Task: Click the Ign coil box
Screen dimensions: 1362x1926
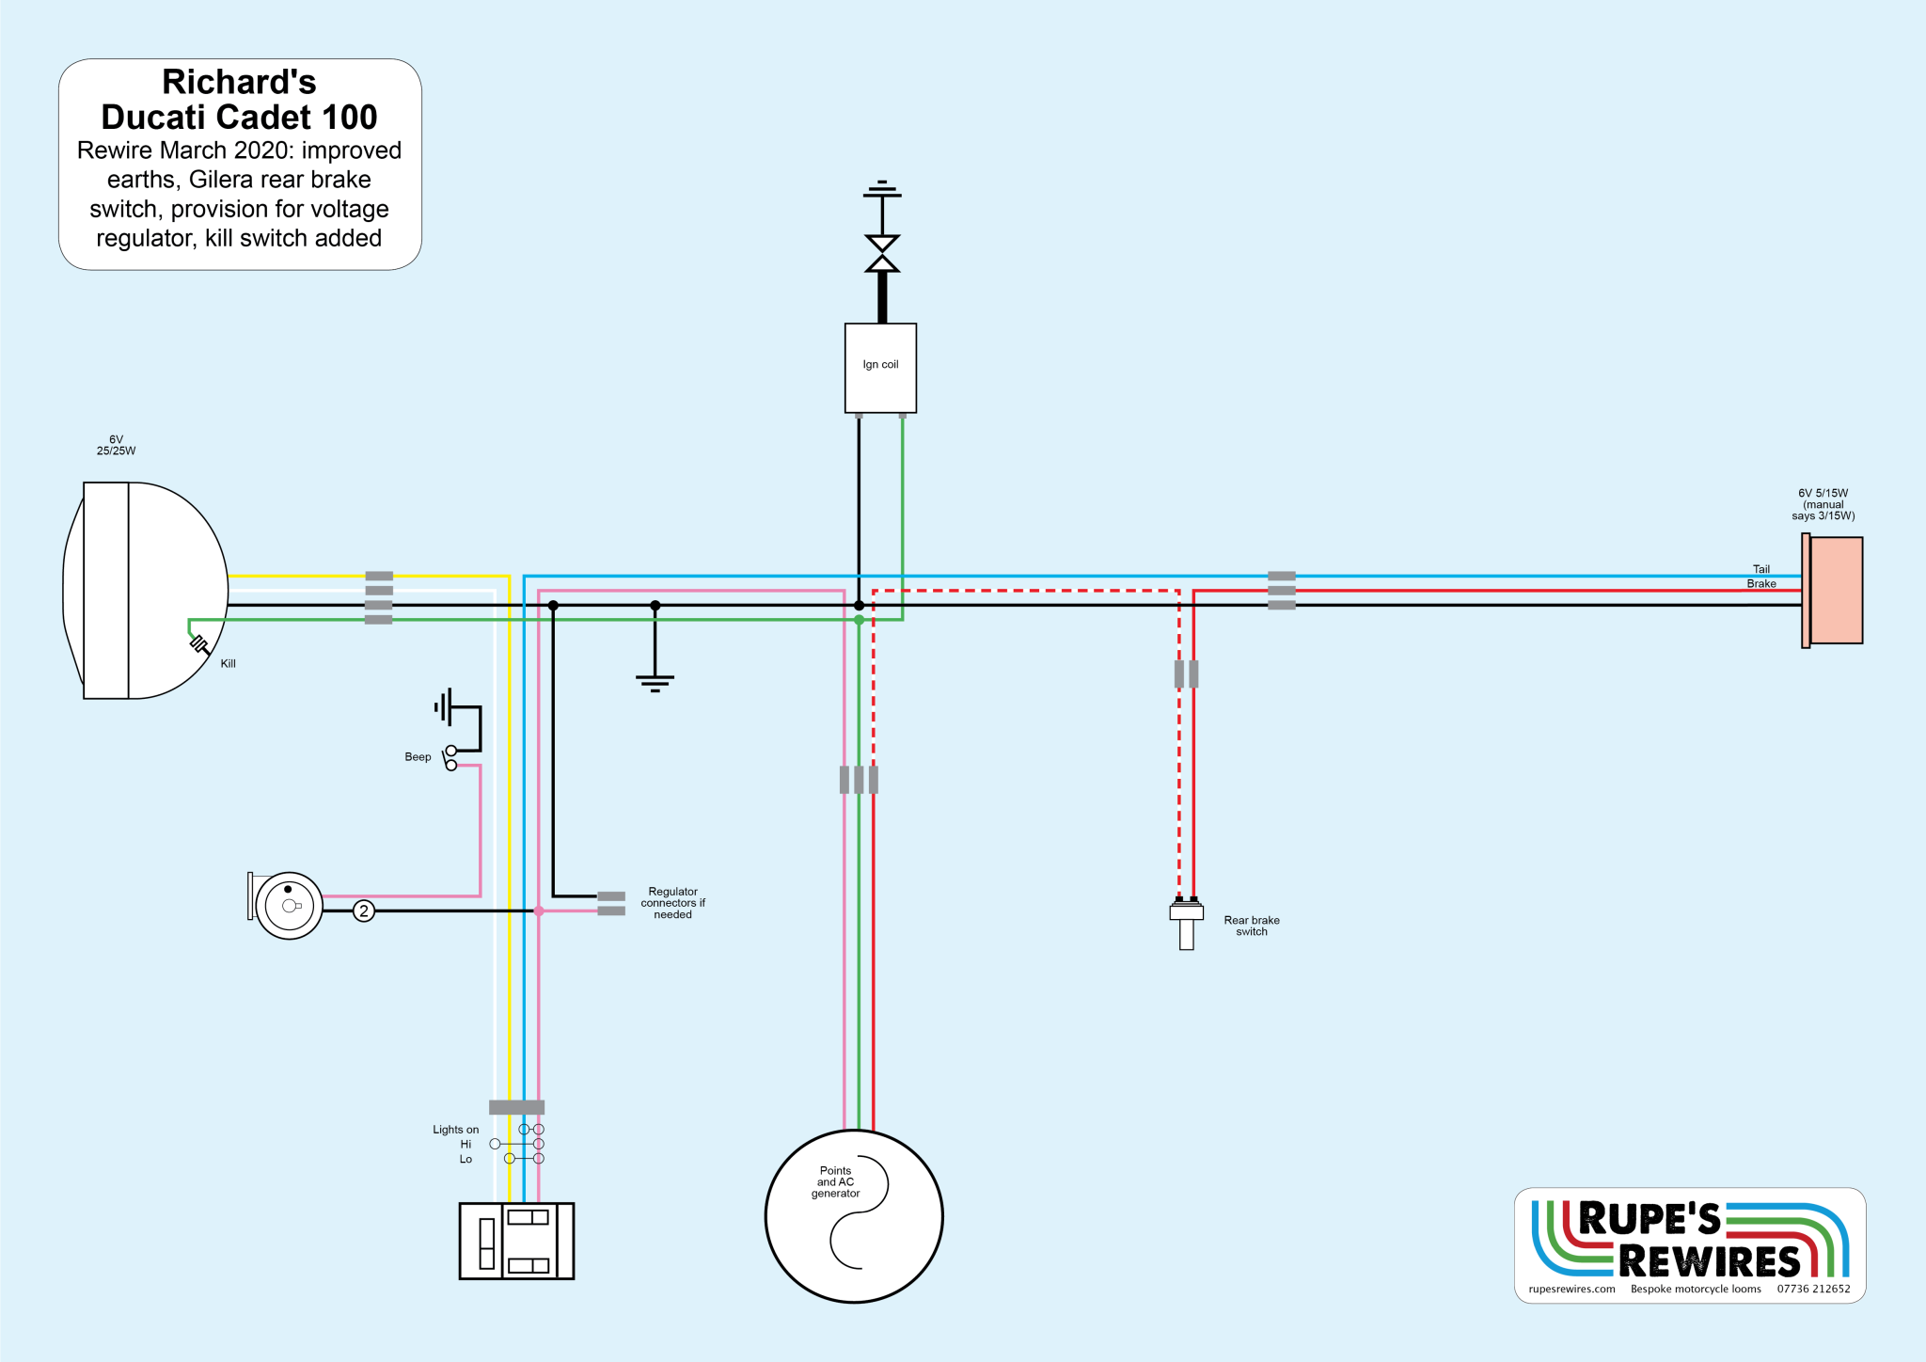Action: tap(880, 368)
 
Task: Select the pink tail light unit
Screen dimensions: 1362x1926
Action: tap(1834, 590)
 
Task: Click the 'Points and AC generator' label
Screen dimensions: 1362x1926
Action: tap(835, 1182)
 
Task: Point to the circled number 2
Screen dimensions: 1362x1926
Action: tap(364, 911)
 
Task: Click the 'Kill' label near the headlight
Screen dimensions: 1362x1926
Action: tap(228, 664)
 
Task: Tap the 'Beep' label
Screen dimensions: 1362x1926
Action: tap(418, 757)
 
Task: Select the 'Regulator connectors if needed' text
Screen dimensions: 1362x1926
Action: tap(672, 903)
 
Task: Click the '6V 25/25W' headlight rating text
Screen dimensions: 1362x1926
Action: tap(116, 445)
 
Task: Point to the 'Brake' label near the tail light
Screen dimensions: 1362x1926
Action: tap(1760, 584)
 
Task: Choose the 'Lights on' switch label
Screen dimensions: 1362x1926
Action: tap(455, 1130)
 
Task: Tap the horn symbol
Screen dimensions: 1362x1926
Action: tap(288, 906)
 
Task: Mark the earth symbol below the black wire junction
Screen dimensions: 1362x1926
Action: tap(655, 682)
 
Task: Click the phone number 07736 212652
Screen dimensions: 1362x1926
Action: tap(1813, 1290)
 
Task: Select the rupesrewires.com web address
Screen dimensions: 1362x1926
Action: tap(1571, 1290)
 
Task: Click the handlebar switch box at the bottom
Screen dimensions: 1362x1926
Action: tap(516, 1241)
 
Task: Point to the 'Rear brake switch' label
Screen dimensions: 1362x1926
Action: tap(1251, 926)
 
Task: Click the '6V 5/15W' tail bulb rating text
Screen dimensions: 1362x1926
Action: tap(1823, 494)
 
